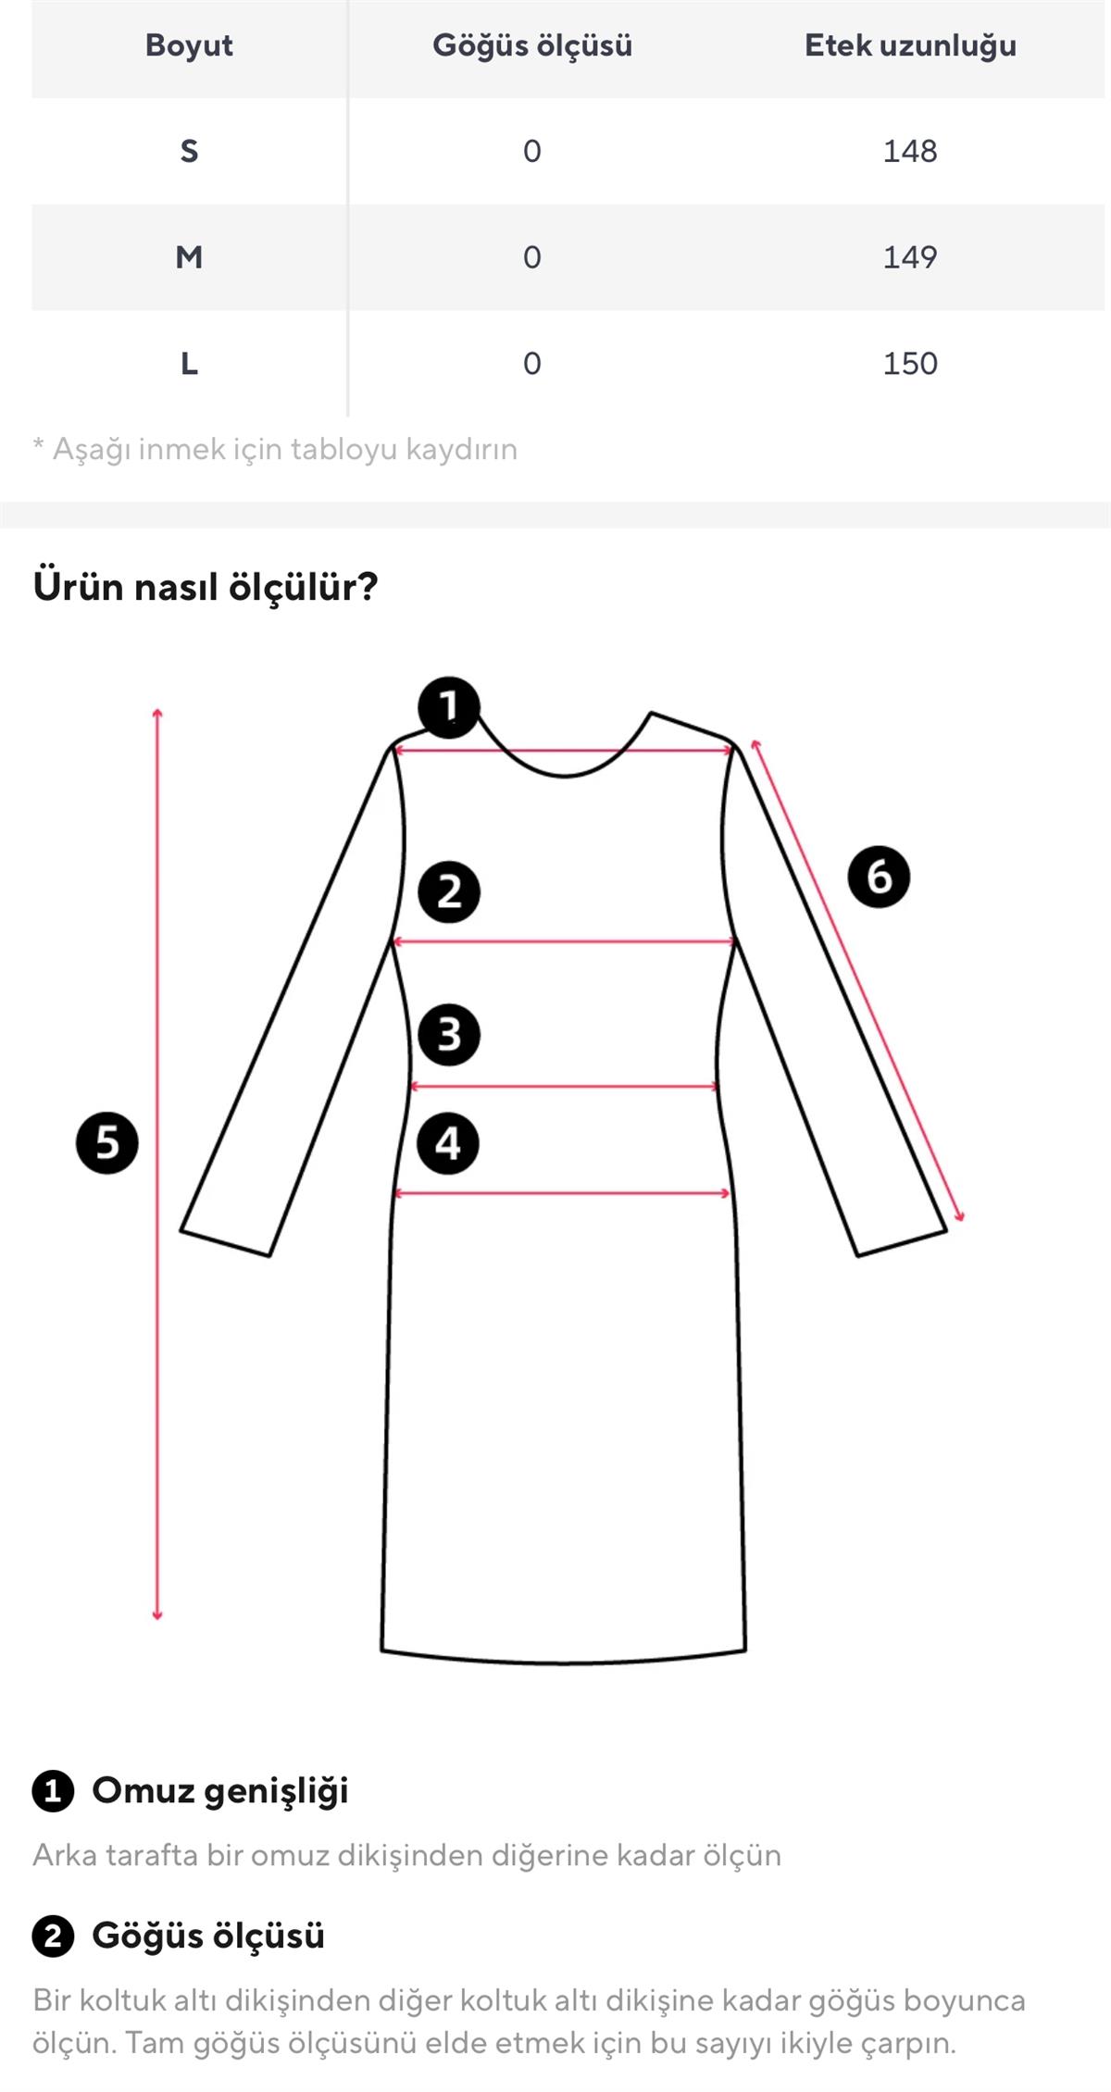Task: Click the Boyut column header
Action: click(x=189, y=45)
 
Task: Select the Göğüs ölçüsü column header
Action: click(x=531, y=45)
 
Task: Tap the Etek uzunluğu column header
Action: click(x=909, y=45)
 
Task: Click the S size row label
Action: click(x=189, y=151)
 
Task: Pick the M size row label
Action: click(x=189, y=256)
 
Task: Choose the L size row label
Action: click(x=189, y=363)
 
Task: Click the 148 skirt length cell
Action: click(x=909, y=151)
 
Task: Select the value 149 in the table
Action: click(x=909, y=256)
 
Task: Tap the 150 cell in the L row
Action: click(x=909, y=363)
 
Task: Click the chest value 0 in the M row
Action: click(x=531, y=256)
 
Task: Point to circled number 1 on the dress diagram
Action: click(x=449, y=707)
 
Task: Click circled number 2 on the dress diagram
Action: click(x=449, y=892)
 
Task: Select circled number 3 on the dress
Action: click(x=449, y=1034)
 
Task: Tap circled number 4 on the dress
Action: click(x=449, y=1143)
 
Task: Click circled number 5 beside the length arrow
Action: click(x=107, y=1143)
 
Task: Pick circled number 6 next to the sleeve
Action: click(x=879, y=877)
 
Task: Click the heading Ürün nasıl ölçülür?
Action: click(x=206, y=587)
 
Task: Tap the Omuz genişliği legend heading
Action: click(x=219, y=1790)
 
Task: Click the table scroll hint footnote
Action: click(x=275, y=449)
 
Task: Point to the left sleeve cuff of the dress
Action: click(x=225, y=1243)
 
